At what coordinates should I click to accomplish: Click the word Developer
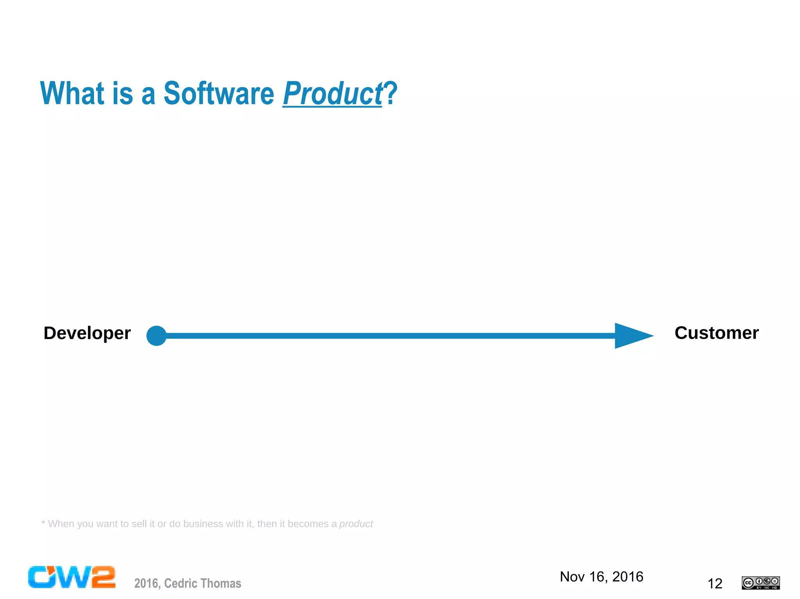click(87, 334)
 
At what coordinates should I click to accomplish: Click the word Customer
click(716, 333)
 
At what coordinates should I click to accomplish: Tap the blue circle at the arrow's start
click(156, 336)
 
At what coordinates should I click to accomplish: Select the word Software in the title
click(219, 94)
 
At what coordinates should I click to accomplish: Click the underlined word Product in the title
click(332, 94)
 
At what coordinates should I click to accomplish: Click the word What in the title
click(73, 94)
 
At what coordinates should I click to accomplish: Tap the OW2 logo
click(71, 577)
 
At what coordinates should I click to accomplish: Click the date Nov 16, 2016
click(601, 577)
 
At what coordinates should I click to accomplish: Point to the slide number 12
click(715, 584)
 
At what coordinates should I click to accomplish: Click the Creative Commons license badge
click(761, 583)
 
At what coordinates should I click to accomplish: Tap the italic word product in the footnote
click(356, 524)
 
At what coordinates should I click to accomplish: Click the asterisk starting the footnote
click(43, 523)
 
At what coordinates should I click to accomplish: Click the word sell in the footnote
click(139, 524)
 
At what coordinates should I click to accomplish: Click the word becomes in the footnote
click(308, 524)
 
